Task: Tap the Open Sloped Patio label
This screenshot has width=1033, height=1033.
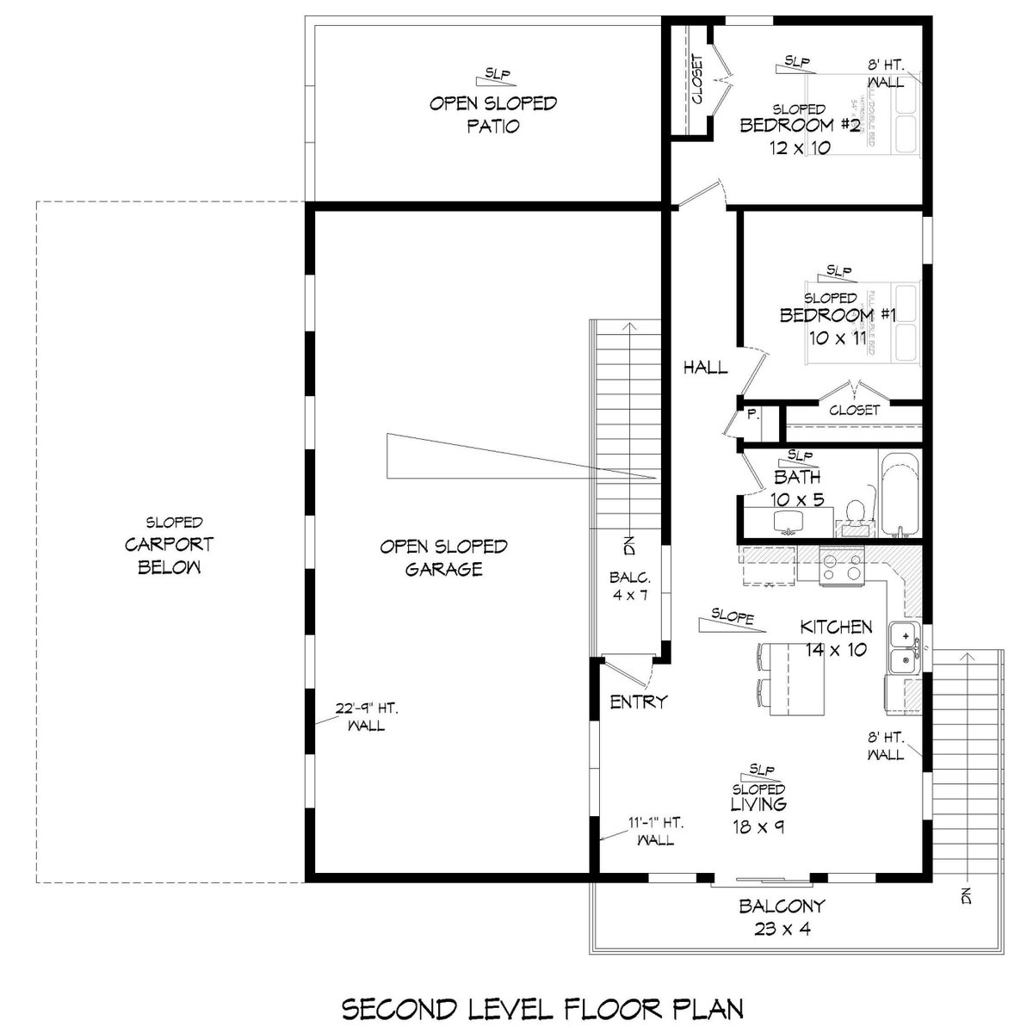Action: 493,114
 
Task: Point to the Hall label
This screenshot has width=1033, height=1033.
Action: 705,368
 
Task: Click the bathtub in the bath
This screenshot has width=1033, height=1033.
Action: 899,494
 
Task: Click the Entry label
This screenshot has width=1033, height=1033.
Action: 638,702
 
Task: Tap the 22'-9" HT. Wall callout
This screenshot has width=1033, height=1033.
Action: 366,717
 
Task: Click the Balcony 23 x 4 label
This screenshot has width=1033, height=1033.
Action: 782,917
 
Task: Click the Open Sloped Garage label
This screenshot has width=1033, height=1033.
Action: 443,558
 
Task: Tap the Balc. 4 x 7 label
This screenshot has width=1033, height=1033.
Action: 629,585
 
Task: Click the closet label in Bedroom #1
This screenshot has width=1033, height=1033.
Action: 854,411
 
